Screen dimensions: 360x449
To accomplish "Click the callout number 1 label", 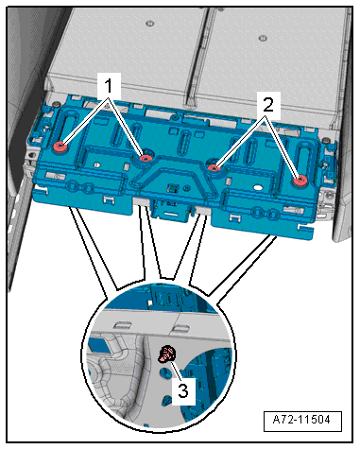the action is (x=109, y=86).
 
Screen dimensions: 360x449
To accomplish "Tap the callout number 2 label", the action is (x=268, y=105).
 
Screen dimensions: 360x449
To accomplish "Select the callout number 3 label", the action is (x=183, y=391).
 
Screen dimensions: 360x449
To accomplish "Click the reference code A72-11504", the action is (x=301, y=420).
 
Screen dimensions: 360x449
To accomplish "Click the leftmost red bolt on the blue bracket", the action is (x=60, y=147).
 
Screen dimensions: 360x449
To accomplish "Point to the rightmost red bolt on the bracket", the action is (x=300, y=181).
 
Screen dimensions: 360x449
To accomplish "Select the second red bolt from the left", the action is (x=146, y=158).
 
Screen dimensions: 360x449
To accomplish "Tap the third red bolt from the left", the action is (x=214, y=167).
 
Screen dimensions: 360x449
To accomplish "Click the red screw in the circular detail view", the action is (x=166, y=354).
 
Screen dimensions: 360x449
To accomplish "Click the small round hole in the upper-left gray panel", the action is (x=150, y=23).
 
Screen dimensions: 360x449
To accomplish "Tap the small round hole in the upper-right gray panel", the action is (x=261, y=39).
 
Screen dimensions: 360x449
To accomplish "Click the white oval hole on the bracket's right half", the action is (x=258, y=188).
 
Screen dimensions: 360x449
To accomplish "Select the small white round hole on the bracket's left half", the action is (x=97, y=164).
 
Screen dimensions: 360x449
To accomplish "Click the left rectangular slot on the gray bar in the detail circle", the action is (x=123, y=324).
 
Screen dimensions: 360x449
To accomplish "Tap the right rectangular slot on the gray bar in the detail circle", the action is (x=180, y=329).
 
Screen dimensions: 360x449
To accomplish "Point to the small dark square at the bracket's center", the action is (x=173, y=188).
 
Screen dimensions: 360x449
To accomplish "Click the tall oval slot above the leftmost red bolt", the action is (x=66, y=128).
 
